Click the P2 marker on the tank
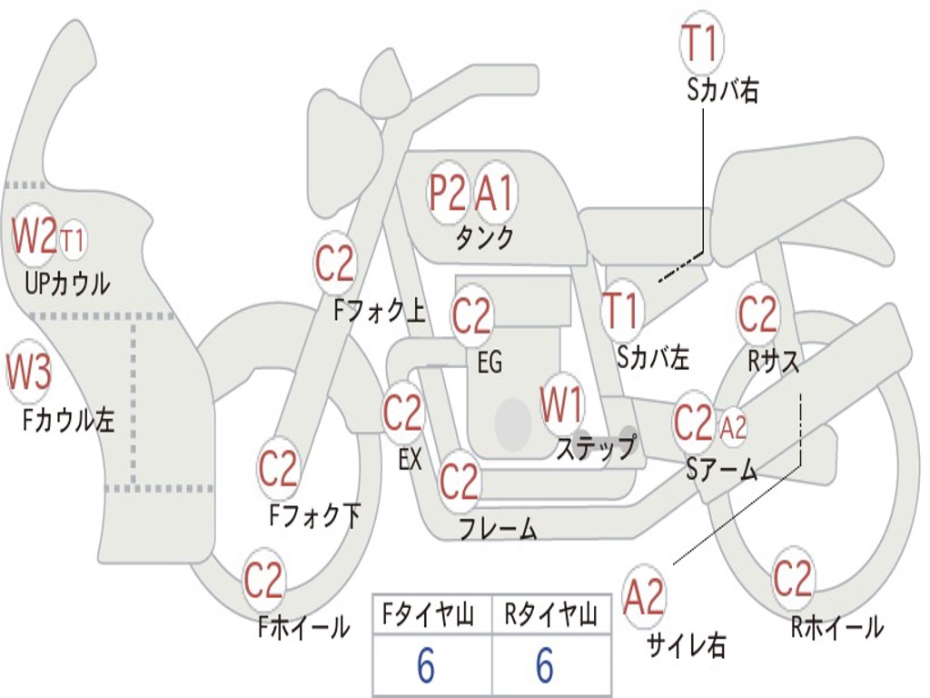(x=448, y=193)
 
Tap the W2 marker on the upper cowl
(x=35, y=235)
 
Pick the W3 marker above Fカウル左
(x=28, y=371)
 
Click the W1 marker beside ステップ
(x=561, y=404)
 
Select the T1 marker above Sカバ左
(x=621, y=311)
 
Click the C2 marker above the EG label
(x=471, y=315)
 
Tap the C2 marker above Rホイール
(x=792, y=577)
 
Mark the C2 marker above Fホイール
(x=263, y=579)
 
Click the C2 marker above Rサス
(x=757, y=314)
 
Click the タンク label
(x=485, y=237)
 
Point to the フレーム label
(x=499, y=529)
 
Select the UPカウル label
(x=67, y=284)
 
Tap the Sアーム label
(x=722, y=470)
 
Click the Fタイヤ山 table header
(x=429, y=615)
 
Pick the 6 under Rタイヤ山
(x=545, y=665)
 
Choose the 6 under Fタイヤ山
(x=425, y=665)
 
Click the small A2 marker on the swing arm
(x=733, y=427)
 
